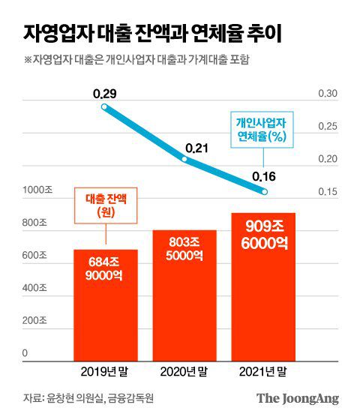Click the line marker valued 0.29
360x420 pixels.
pyautogui.click(x=105, y=107)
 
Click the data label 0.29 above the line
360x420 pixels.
pyautogui.click(x=105, y=94)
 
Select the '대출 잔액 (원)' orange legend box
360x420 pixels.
pyautogui.click(x=105, y=206)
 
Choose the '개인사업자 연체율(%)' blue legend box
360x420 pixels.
pyautogui.click(x=263, y=128)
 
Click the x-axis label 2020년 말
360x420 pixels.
pyautogui.click(x=184, y=371)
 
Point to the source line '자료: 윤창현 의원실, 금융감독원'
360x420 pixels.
pyautogui.click(x=88, y=397)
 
